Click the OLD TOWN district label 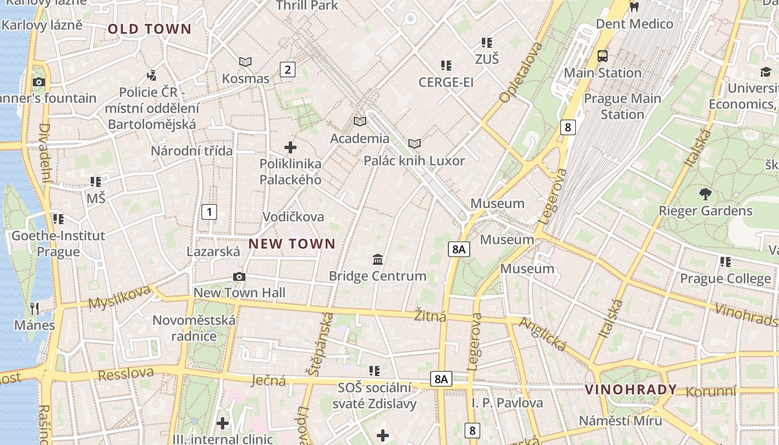point(150,29)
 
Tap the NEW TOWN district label point(292,244)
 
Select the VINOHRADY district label point(630,389)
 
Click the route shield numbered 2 point(287,70)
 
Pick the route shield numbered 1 point(209,211)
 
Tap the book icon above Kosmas point(245,62)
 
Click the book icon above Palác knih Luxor point(414,144)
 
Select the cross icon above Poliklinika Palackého point(290,147)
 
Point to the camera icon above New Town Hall point(239,276)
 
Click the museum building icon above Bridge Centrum point(378,259)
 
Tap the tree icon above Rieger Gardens point(706,194)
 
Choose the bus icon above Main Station point(603,56)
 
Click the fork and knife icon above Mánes point(34,308)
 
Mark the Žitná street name point(430,316)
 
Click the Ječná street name point(268,380)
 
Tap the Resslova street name point(125,373)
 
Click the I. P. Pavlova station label point(507,402)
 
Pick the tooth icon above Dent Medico point(633,7)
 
